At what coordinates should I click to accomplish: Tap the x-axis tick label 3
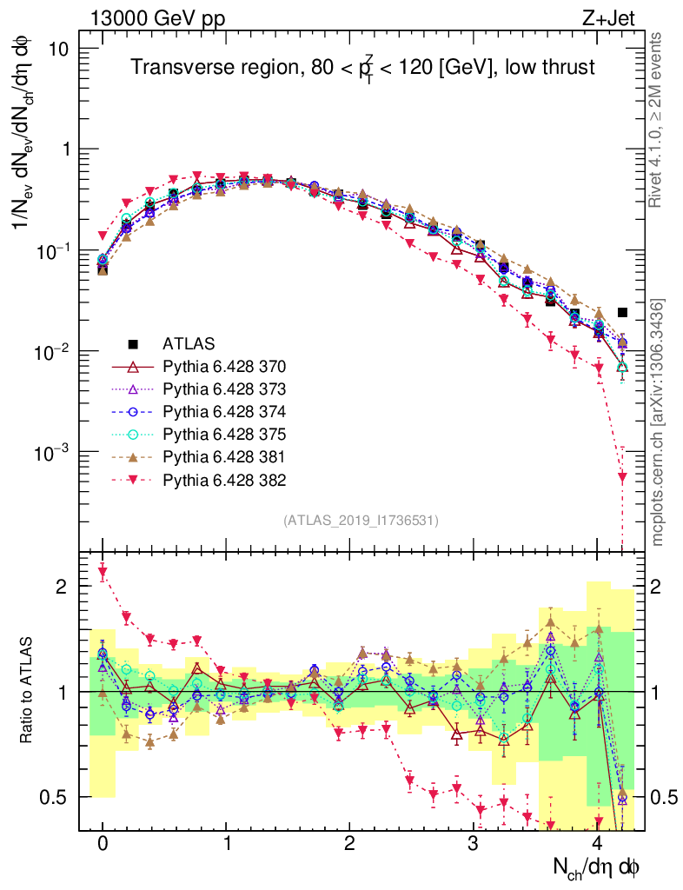[473, 844]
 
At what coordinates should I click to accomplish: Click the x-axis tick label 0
[103, 844]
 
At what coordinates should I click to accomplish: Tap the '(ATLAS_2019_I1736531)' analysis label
[361, 521]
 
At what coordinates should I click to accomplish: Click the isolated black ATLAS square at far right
[622, 312]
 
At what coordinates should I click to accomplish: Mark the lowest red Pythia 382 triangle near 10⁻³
[622, 476]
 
